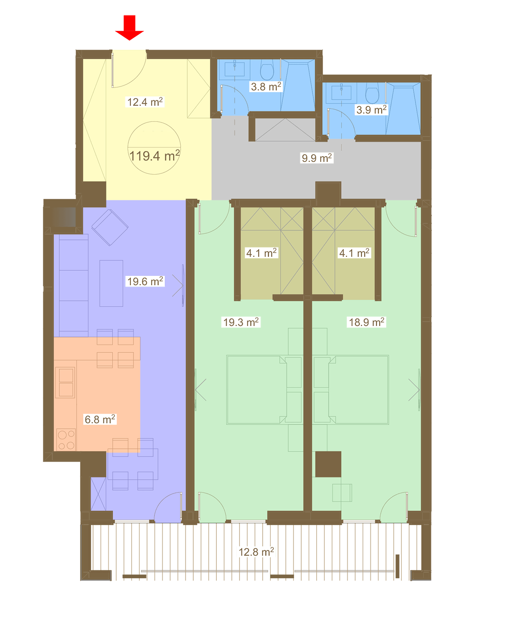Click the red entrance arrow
[129, 27]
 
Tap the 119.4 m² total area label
[154, 156]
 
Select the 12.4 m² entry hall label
[145, 102]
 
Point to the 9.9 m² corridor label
[317, 158]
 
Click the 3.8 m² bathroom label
[266, 87]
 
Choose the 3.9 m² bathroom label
[371, 110]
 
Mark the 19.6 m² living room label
[145, 281]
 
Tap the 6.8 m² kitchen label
[100, 419]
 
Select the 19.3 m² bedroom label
[241, 322]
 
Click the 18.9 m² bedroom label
[367, 322]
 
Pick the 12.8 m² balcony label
[256, 552]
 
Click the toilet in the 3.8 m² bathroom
[267, 70]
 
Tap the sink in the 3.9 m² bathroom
[342, 92]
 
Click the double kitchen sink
[66, 383]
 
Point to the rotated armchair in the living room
[110, 227]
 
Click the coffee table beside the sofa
[111, 283]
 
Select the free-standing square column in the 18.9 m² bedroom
[328, 464]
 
